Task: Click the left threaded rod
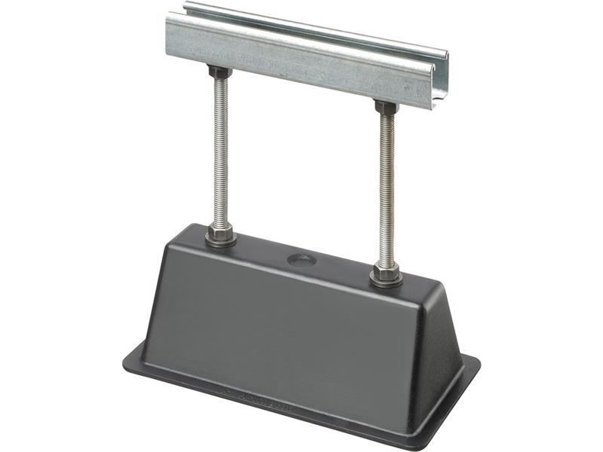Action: (220, 151)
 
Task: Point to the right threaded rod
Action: (387, 188)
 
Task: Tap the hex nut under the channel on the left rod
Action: (219, 73)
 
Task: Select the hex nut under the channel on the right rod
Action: (387, 108)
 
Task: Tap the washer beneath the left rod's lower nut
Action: (220, 239)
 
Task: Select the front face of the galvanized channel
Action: (301, 56)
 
